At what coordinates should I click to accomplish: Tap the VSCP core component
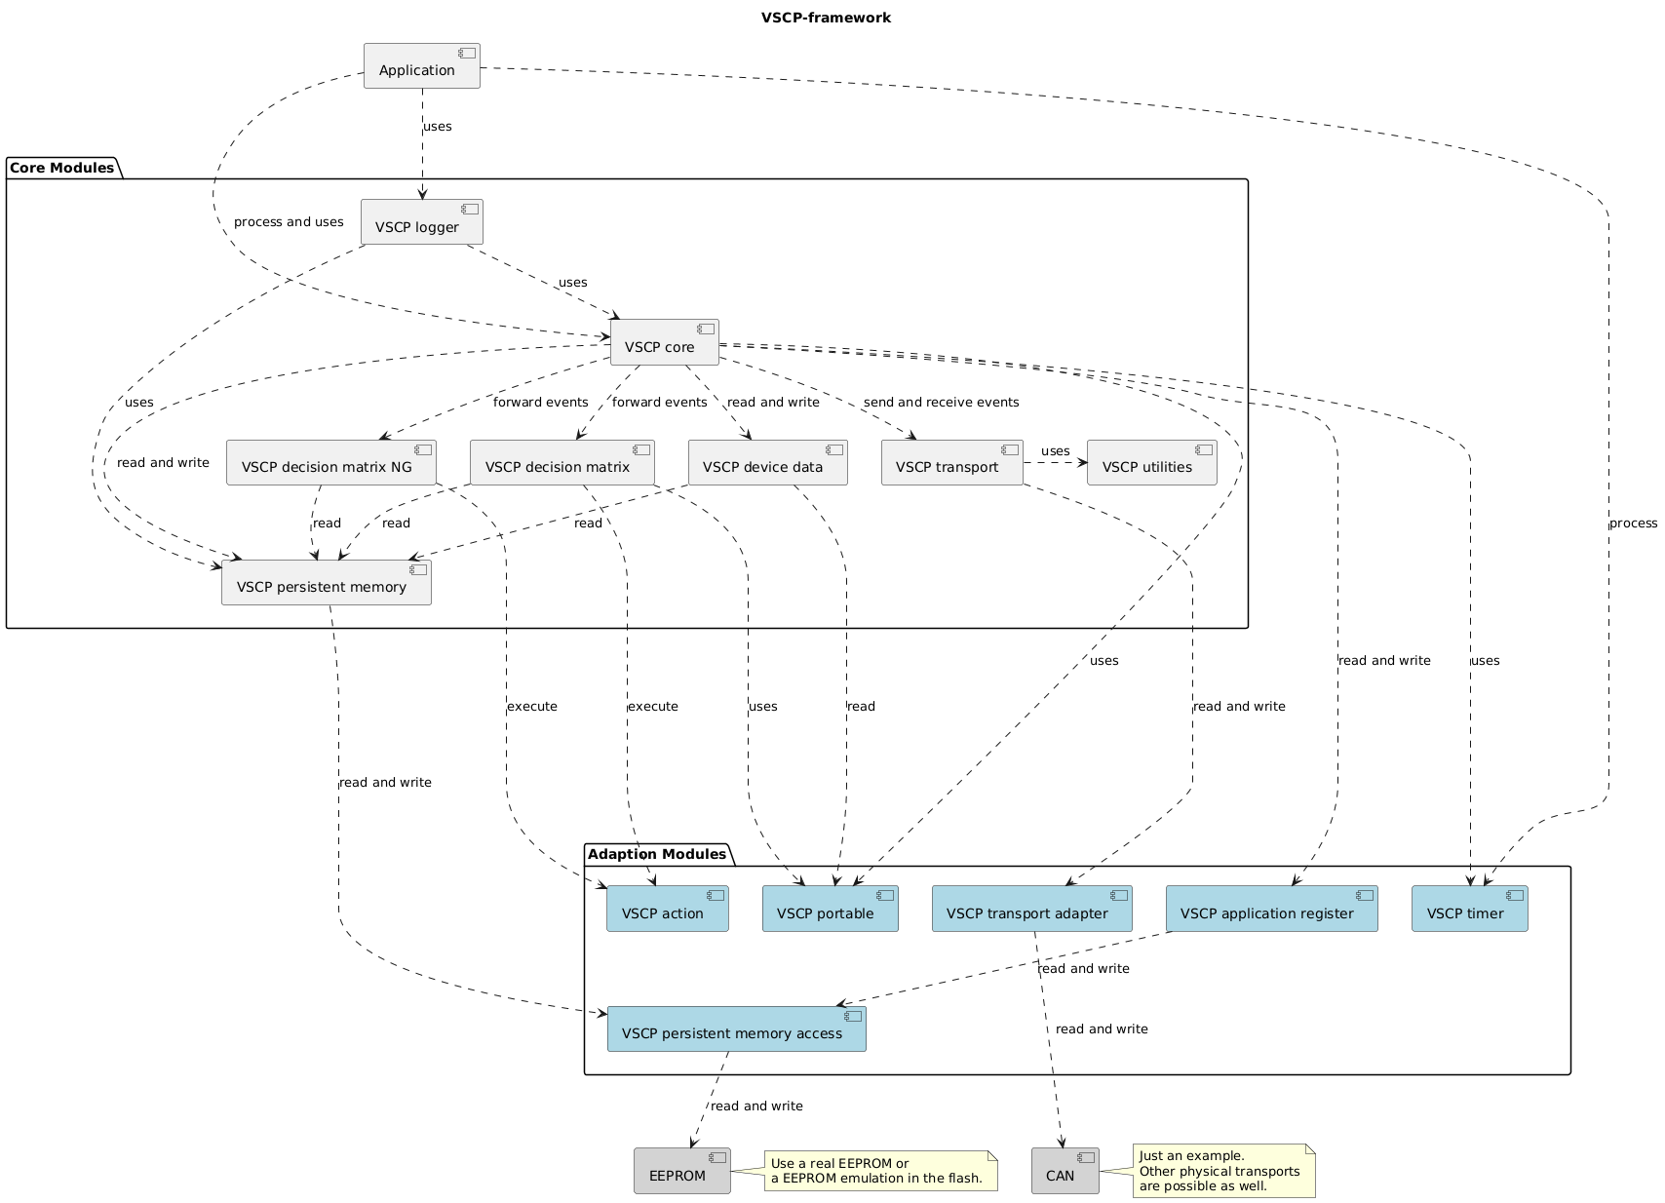pyautogui.click(x=664, y=342)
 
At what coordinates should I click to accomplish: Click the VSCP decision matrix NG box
pyautogui.click(x=330, y=463)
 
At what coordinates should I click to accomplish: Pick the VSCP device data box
pyautogui.click(x=766, y=463)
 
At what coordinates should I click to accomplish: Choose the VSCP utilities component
pyautogui.click(x=1150, y=463)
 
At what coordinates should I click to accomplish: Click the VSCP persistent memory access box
pyautogui.click(x=736, y=1029)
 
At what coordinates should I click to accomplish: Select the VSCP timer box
pyautogui.click(x=1469, y=910)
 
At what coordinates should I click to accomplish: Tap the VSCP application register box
pyautogui.click(x=1270, y=910)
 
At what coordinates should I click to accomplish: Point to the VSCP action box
pyautogui.click(x=667, y=910)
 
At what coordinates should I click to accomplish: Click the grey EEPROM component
pyautogui.click(x=681, y=1171)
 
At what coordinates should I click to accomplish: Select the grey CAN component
pyautogui.click(x=1065, y=1171)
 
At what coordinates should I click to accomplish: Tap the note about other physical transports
pyautogui.click(x=1222, y=1171)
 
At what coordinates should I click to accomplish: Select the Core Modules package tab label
pyautogui.click(x=62, y=168)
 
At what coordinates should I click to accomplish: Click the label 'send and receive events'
pyautogui.click(x=941, y=402)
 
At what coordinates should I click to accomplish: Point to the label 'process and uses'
pyautogui.click(x=289, y=221)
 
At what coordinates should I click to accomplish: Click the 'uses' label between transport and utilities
pyautogui.click(x=1055, y=450)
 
